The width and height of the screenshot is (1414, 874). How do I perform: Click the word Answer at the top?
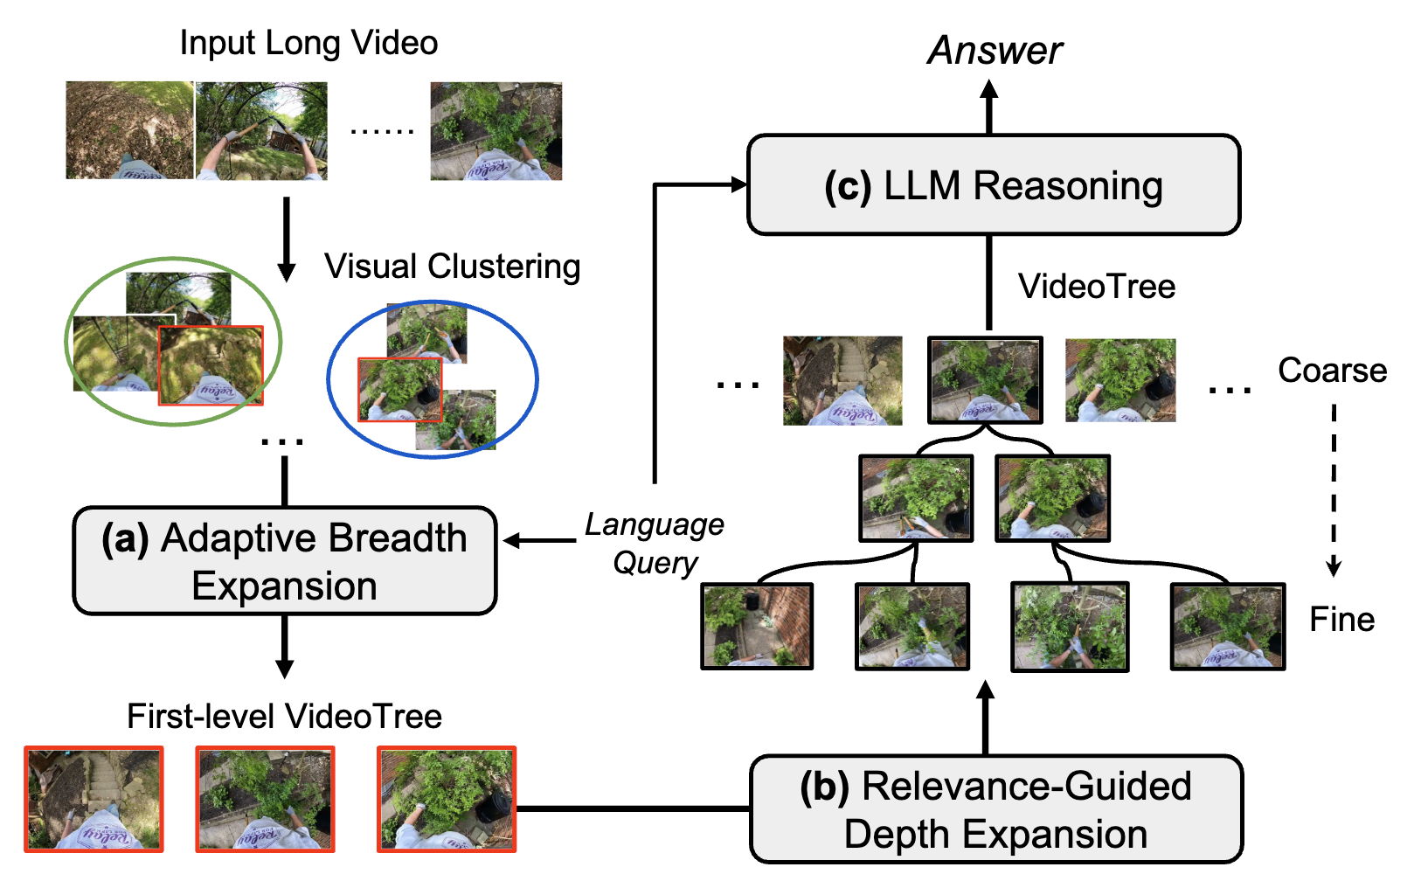pos(995,51)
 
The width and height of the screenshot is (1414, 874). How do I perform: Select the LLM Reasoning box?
pos(994,185)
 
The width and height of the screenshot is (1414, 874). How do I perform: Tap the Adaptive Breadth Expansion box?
pos(285,561)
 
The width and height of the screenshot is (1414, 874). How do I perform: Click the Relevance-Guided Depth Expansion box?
pos(995,809)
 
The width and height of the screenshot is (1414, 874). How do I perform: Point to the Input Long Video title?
pos(308,43)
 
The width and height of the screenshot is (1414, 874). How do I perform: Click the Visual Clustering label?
pos(452,267)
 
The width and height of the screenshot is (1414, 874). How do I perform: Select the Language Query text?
pos(655,543)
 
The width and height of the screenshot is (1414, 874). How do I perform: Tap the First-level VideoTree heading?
pos(284,717)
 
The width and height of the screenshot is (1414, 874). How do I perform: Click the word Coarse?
pos(1332,371)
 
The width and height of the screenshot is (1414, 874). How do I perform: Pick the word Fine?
pos(1341,620)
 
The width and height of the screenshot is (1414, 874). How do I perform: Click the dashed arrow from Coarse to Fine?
pos(1334,489)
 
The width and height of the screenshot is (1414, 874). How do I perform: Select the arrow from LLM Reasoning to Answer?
pos(989,107)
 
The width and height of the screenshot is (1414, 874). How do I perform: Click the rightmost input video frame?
pos(496,131)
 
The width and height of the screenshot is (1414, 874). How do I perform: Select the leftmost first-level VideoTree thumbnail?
pos(94,799)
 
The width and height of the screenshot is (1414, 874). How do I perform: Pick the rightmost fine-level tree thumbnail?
pos(1227,627)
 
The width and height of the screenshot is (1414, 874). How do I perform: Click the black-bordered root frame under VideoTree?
pos(985,380)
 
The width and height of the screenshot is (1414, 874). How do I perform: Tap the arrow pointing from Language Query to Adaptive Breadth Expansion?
pos(538,541)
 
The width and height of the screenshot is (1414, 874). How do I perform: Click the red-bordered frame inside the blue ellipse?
pos(399,390)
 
